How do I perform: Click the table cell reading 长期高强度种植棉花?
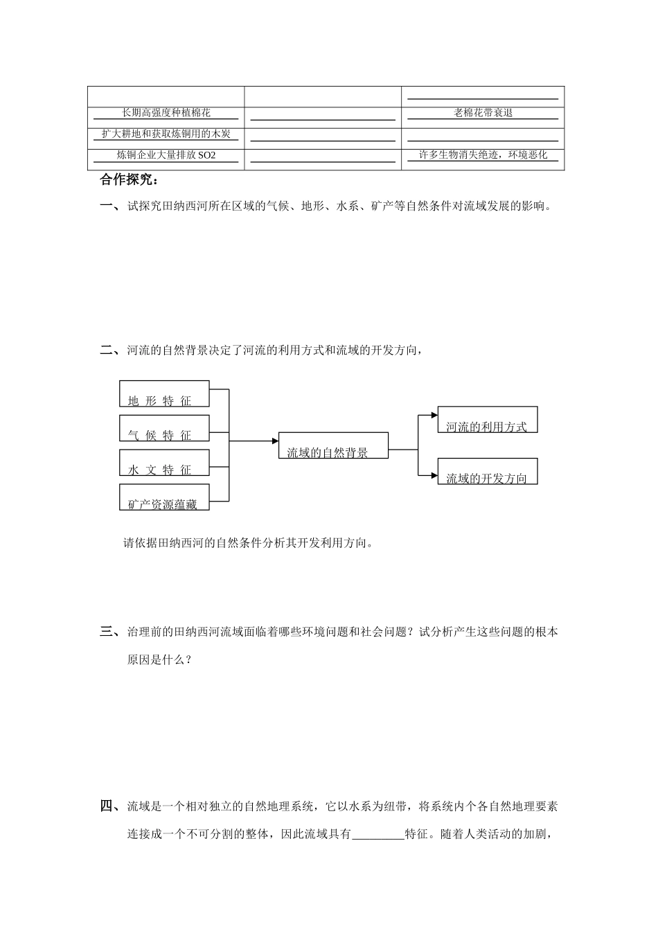pyautogui.click(x=166, y=113)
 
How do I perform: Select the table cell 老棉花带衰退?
pyautogui.click(x=483, y=113)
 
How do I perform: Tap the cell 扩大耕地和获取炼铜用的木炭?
pyautogui.click(x=166, y=134)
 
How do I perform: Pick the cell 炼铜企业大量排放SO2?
pyautogui.click(x=166, y=155)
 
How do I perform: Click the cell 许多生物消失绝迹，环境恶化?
pyautogui.click(x=483, y=155)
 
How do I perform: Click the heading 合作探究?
pyautogui.click(x=130, y=180)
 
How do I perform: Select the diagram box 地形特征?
pyautogui.click(x=164, y=393)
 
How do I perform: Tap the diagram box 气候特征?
pyautogui.click(x=164, y=428)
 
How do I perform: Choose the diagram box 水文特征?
pyautogui.click(x=164, y=463)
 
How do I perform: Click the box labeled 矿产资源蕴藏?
pyautogui.click(x=164, y=497)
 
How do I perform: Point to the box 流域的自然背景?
pyautogui.click(x=333, y=446)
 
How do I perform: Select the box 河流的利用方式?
pyautogui.click(x=487, y=420)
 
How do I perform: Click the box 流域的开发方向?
pyautogui.click(x=487, y=471)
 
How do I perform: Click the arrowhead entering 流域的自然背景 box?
pyautogui.click(x=274, y=441)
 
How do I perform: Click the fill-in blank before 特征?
pyautogui.click(x=377, y=834)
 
